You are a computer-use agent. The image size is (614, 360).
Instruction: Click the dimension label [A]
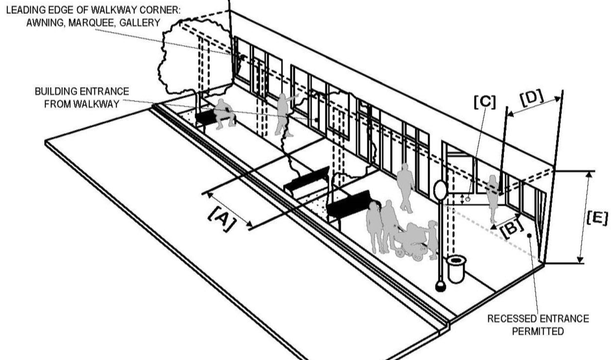tap(221, 219)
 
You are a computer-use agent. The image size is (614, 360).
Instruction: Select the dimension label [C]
tap(485, 102)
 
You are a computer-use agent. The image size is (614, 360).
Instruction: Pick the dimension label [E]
tap(598, 219)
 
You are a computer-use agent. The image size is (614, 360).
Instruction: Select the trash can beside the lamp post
tap(456, 269)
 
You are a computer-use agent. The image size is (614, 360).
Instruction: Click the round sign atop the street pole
tap(441, 190)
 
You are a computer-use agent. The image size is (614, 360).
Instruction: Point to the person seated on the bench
tap(224, 114)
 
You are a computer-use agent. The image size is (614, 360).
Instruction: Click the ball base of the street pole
tap(441, 287)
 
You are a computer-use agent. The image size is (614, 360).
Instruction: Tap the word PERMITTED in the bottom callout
tap(538, 331)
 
